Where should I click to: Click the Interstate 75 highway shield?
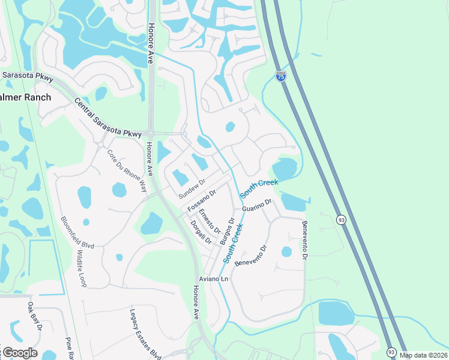282,76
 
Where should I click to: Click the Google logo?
19,353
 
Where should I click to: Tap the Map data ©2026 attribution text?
424,355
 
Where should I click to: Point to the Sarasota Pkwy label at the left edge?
27,76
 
